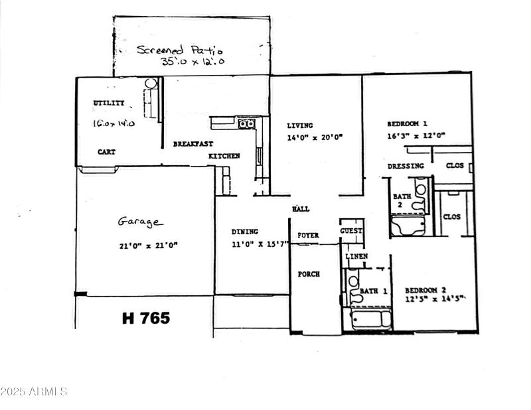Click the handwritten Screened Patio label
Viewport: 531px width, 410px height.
tap(180, 49)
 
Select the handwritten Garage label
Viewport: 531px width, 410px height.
tap(141, 222)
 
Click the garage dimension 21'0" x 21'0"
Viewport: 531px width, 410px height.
tap(148, 245)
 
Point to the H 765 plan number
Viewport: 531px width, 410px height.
tap(145, 318)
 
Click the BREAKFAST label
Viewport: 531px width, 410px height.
tap(192, 144)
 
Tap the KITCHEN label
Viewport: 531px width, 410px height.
tap(224, 156)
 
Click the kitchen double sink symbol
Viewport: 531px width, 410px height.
tap(246, 123)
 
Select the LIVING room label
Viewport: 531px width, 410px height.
tap(300, 125)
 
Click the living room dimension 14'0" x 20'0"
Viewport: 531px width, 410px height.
tap(315, 138)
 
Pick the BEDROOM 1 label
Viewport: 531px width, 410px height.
tap(407, 123)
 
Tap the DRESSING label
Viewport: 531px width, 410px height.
tap(406, 166)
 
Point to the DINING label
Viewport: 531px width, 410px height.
tap(244, 232)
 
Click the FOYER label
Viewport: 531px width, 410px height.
tap(308, 236)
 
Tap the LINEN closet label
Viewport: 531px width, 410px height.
tap(356, 256)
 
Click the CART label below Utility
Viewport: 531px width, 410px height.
tap(106, 152)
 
